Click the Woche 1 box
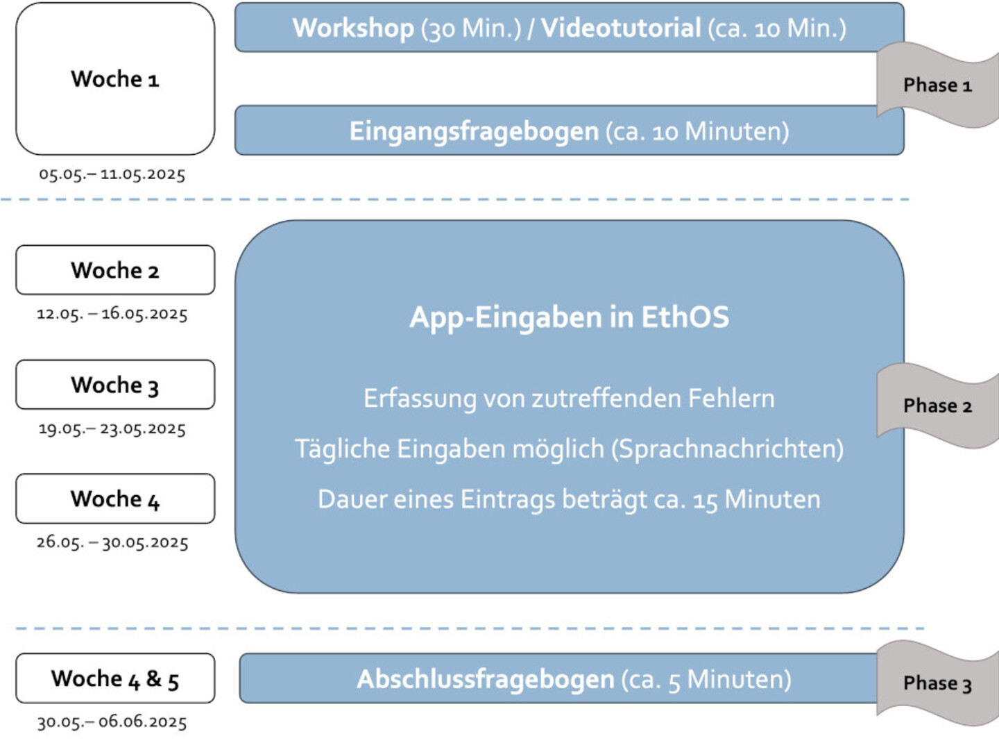click(115, 79)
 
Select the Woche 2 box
click(115, 270)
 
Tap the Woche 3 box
click(115, 385)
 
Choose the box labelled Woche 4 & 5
click(115, 678)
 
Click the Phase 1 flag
click(938, 85)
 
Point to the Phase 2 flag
click(938, 406)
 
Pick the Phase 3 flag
click(938, 683)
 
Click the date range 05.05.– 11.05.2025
click(112, 174)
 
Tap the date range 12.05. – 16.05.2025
click(112, 314)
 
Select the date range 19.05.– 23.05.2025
click(112, 428)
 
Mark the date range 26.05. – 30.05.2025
click(112, 542)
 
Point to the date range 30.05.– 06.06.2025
click(112, 721)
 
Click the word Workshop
click(354, 28)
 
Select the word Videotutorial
click(621, 28)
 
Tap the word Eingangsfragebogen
click(475, 132)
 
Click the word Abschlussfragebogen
click(486, 679)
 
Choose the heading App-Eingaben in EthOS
click(570, 317)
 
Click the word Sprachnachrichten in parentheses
click(728, 449)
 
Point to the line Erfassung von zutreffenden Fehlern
click(570, 398)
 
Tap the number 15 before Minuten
click(706, 501)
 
